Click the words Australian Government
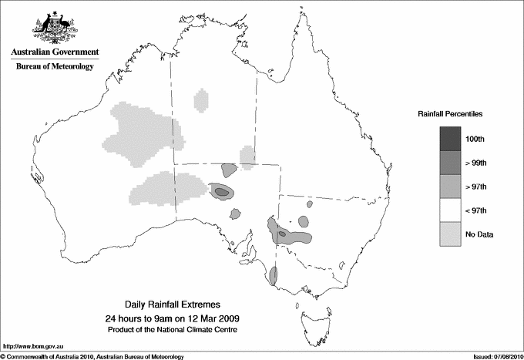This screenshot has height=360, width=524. [x=54, y=52]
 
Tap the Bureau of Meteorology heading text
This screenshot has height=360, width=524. [x=54, y=67]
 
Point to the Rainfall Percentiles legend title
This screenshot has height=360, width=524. [x=450, y=113]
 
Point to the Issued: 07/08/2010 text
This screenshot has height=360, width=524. [x=497, y=356]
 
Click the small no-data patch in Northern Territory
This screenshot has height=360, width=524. [x=202, y=100]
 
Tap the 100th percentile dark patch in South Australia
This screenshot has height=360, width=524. [x=221, y=191]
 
